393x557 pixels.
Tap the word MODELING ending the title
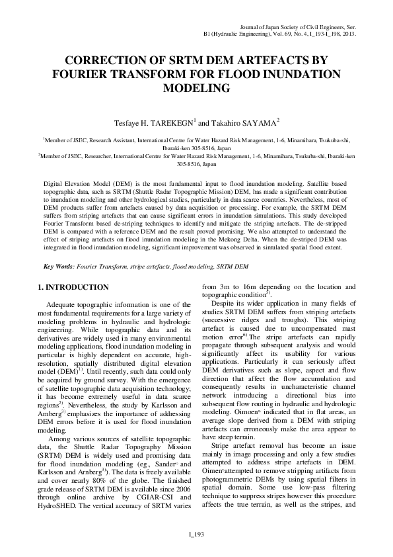coord(196,87)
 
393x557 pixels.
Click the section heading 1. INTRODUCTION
coord(73,287)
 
